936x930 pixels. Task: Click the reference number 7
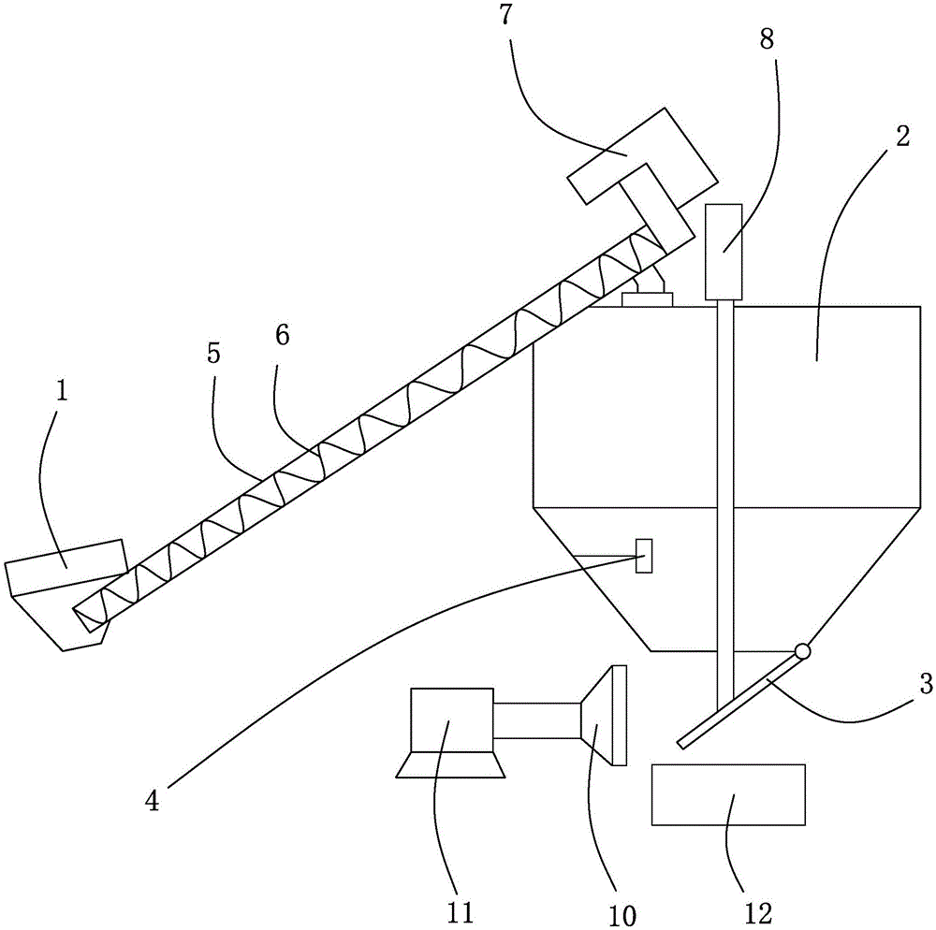pos(506,14)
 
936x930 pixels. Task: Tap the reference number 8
pos(767,39)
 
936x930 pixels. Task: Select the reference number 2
pos(902,137)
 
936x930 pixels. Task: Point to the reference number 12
pos(759,913)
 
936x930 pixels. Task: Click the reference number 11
pos(460,913)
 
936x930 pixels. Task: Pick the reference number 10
pos(622,915)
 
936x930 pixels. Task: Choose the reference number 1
pos(62,391)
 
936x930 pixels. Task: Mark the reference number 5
pos(213,353)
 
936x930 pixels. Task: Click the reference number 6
pos(283,335)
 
